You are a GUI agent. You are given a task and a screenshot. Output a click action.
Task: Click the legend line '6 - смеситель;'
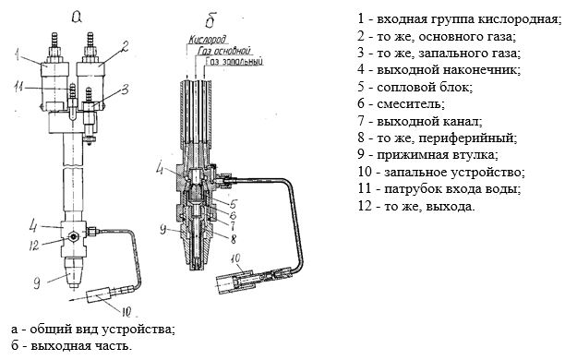tap(401, 103)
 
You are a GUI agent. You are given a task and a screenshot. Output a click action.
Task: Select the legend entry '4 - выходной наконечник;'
tap(439, 69)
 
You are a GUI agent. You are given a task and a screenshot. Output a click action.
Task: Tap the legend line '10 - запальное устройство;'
tap(441, 172)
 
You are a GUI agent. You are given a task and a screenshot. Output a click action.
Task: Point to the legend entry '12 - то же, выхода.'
tap(416, 206)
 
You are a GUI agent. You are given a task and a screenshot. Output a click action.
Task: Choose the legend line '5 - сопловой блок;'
tap(415, 87)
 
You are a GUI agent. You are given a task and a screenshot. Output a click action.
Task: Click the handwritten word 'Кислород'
tap(208, 40)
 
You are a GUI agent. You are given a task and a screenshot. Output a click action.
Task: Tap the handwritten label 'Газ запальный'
tap(234, 61)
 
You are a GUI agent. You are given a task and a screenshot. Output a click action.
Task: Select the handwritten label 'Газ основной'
tap(223, 51)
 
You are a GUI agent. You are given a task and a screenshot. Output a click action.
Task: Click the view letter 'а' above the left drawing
tap(77, 16)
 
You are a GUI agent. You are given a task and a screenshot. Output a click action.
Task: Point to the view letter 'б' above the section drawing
tap(210, 20)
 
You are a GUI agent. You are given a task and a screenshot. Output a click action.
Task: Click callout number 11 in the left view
tap(19, 87)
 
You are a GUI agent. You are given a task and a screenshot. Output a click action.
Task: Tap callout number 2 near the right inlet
tap(124, 46)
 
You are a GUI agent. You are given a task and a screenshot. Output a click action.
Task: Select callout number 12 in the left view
tap(34, 246)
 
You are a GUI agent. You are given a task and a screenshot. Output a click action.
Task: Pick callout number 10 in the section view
tap(235, 258)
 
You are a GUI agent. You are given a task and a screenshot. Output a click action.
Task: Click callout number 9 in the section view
tap(163, 229)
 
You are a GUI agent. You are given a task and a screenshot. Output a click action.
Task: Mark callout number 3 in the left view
tap(125, 89)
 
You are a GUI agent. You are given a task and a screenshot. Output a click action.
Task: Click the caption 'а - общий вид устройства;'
tap(93, 330)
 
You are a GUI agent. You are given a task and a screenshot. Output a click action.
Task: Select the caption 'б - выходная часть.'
tap(71, 346)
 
